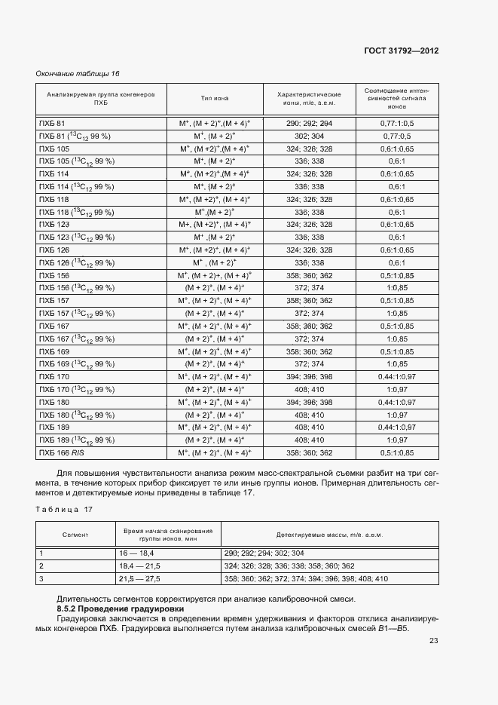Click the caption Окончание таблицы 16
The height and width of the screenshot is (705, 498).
coord(78,73)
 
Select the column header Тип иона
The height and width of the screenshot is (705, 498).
coord(215,98)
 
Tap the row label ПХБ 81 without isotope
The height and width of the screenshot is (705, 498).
coord(52,123)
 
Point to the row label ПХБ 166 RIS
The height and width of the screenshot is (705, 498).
coord(62,452)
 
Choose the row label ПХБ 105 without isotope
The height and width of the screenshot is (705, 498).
coord(54,149)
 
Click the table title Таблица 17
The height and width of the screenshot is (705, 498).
coord(64,510)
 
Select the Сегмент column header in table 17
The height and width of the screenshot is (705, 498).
coord(75,535)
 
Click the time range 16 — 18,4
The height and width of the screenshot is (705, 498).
coord(136,553)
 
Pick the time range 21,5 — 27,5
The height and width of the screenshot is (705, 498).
coord(137,578)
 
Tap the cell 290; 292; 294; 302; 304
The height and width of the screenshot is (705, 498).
coord(272,553)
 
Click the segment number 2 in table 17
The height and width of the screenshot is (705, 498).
coord(42,566)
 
